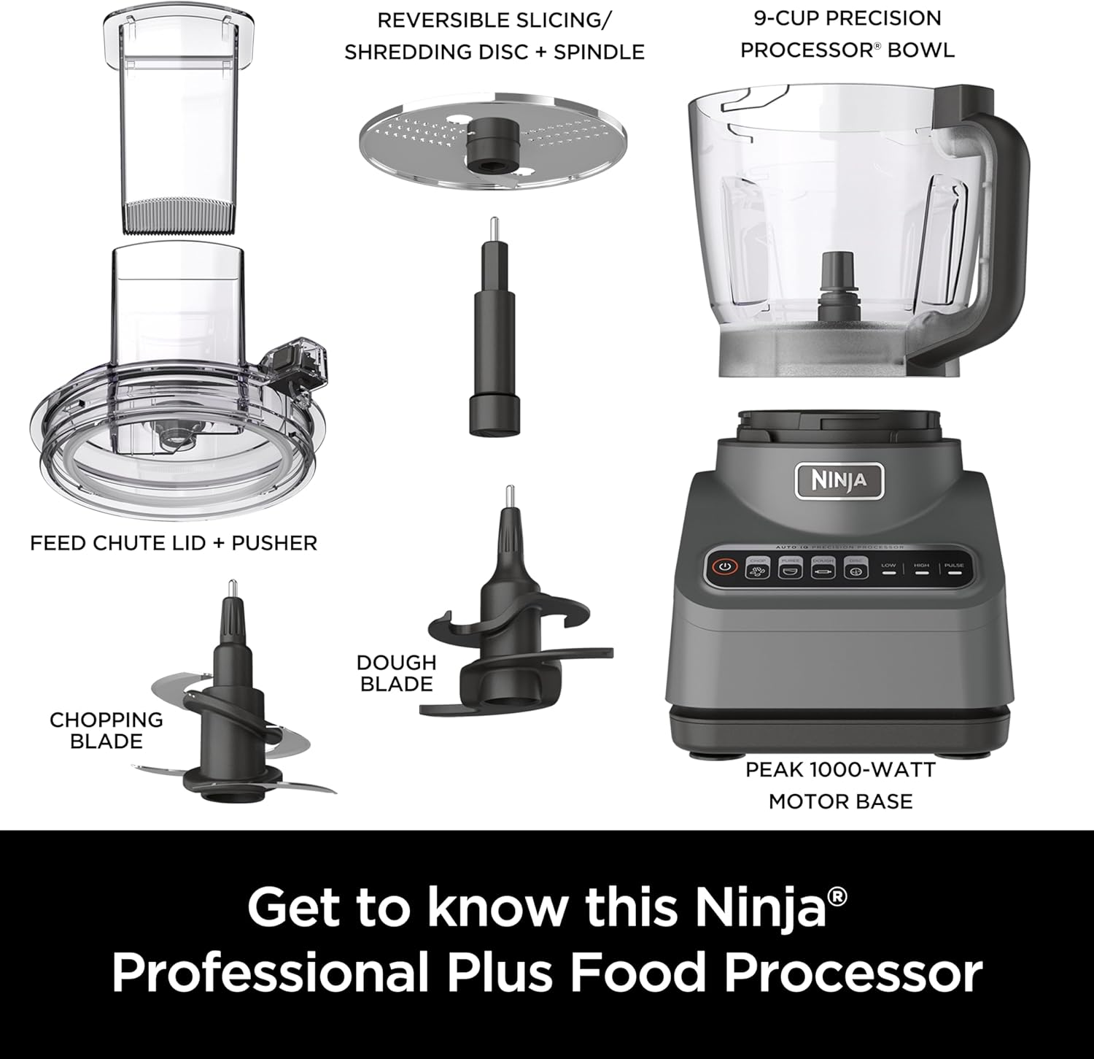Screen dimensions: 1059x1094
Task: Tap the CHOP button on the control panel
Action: point(757,569)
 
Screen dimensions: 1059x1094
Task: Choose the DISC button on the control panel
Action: point(856,569)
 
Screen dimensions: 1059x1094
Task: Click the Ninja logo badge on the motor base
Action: point(839,481)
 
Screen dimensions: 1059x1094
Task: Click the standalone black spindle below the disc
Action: point(494,328)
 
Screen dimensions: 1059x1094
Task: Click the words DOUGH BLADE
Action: point(396,673)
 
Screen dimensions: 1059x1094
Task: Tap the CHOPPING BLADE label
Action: point(106,730)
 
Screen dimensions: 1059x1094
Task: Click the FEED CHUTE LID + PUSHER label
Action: point(174,543)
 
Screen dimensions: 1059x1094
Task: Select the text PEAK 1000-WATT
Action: point(840,769)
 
